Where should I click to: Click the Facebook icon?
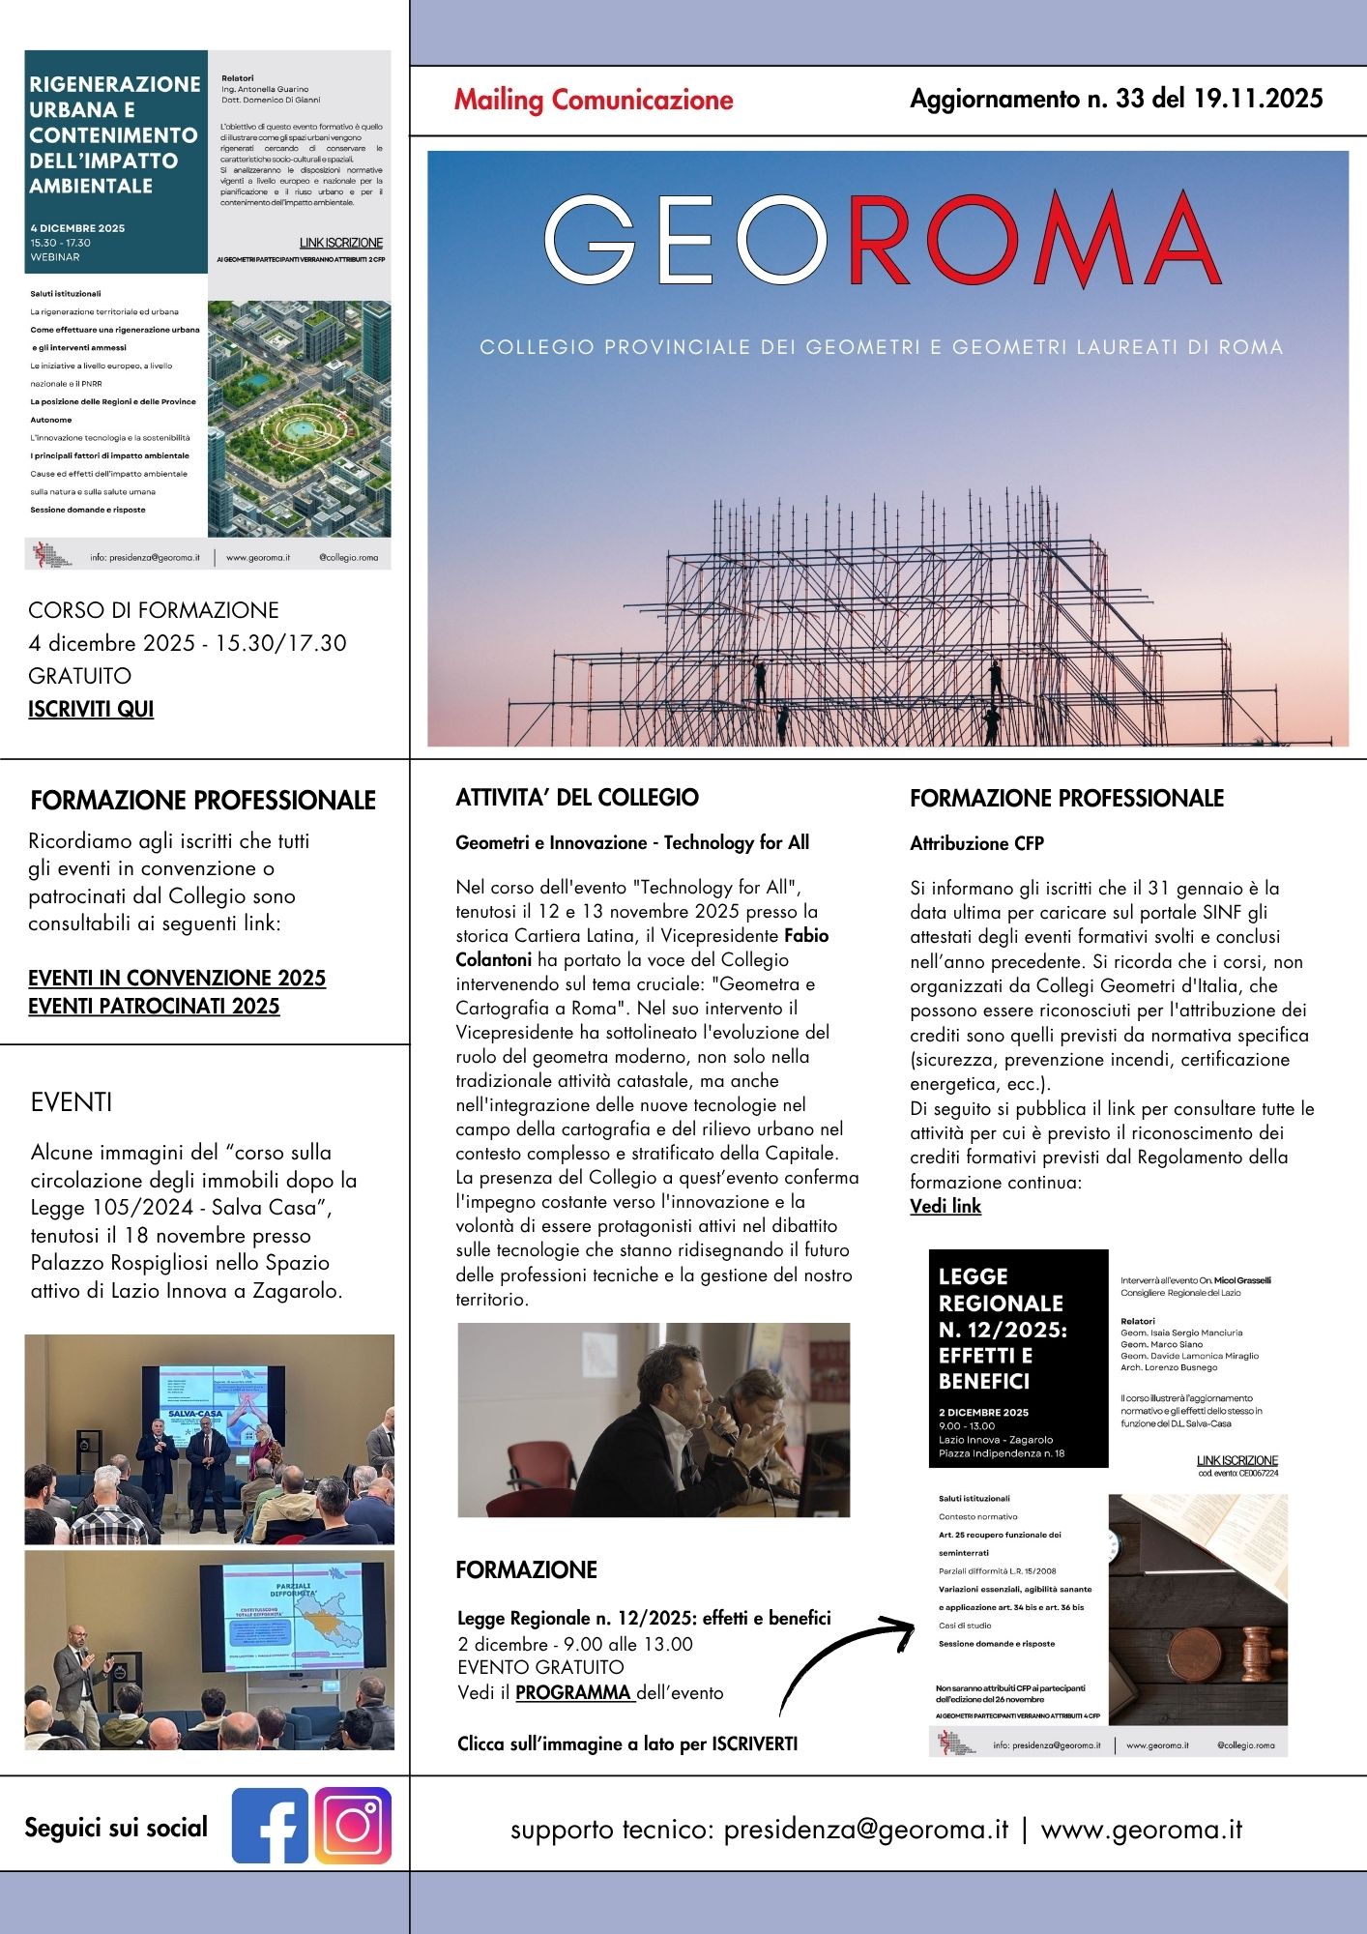[x=270, y=1826]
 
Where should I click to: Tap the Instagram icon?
[x=353, y=1826]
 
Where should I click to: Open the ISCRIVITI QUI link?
[x=91, y=709]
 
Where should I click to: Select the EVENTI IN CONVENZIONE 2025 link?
[x=177, y=978]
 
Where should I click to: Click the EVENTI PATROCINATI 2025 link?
[x=154, y=1007]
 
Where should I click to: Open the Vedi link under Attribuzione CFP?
[x=945, y=1207]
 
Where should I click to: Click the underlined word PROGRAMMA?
[x=574, y=1693]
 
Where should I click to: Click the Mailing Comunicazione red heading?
[x=594, y=100]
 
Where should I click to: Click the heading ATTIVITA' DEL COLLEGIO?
[x=577, y=798]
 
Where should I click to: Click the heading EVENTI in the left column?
[x=72, y=1102]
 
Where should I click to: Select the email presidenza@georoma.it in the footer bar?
[x=865, y=1830]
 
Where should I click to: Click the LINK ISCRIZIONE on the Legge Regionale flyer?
[x=1237, y=1461]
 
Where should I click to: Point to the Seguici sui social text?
[x=116, y=1828]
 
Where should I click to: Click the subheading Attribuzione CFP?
[x=976, y=843]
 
